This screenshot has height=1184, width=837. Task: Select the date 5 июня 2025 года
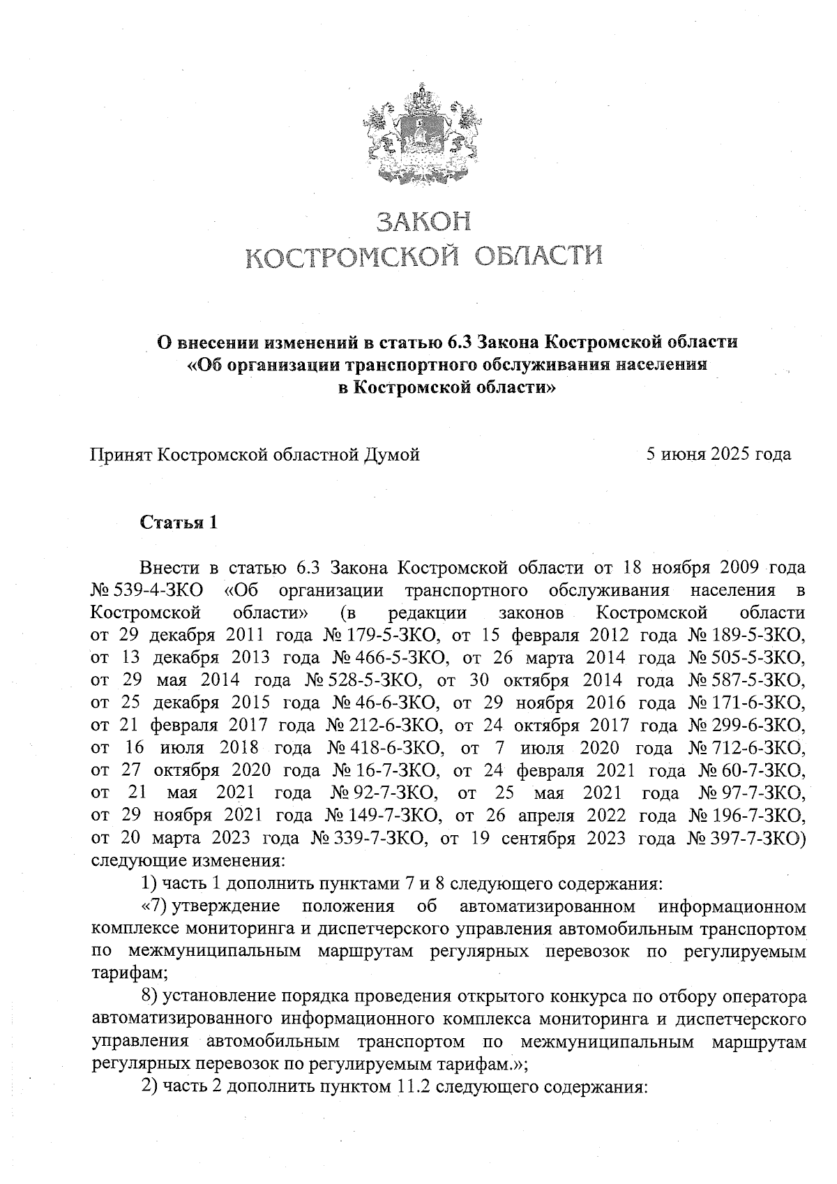tap(718, 454)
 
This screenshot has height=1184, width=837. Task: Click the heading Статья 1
tap(179, 522)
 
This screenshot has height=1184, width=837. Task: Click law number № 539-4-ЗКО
tap(146, 590)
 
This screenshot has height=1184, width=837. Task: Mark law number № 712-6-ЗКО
tap(746, 748)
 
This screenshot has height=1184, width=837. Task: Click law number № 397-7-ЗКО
tap(746, 838)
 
